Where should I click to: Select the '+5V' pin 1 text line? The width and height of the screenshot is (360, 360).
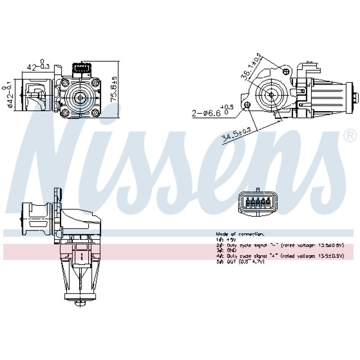pos(223,239)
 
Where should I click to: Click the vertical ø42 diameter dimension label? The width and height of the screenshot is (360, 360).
pos(10,95)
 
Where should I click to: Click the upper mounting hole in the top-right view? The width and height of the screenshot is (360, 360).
pos(283,70)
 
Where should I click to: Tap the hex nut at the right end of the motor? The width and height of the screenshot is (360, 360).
pos(355,98)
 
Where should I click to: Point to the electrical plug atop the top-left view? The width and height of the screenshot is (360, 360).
pos(82,69)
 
